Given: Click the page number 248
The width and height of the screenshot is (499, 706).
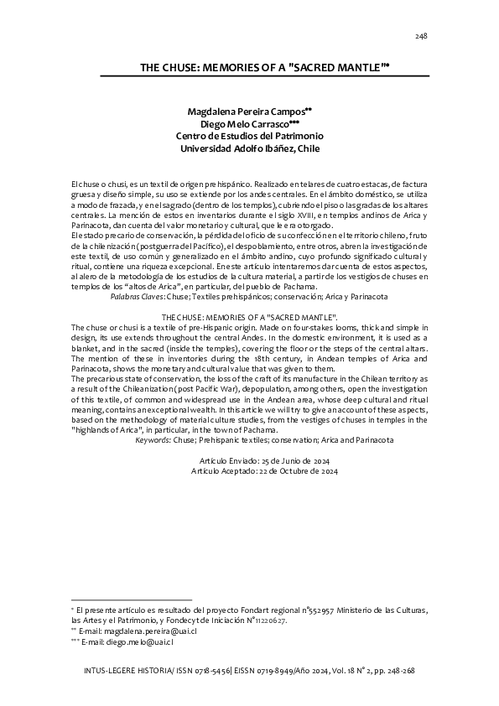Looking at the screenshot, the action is tap(422, 36).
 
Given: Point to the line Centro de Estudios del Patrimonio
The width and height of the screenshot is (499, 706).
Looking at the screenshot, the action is tap(249, 136).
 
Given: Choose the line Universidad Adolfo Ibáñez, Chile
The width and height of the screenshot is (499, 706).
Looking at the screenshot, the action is tap(251, 148).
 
